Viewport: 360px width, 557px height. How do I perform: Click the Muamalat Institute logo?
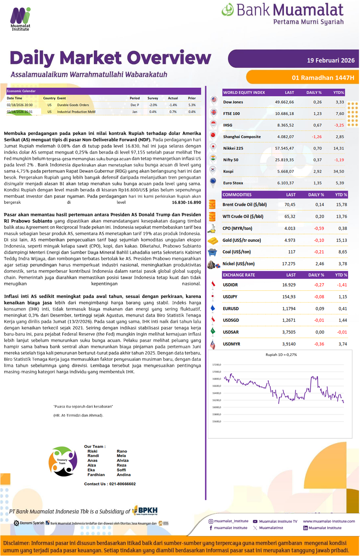pyautogui.click(x=20, y=19)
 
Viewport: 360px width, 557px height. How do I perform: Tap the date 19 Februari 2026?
pyautogui.click(x=330, y=60)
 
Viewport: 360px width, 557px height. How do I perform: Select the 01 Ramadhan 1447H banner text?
pyautogui.click(x=322, y=78)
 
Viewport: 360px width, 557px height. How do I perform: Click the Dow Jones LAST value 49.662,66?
pyautogui.click(x=284, y=102)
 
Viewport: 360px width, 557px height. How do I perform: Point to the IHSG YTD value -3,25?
pyautogui.click(x=339, y=125)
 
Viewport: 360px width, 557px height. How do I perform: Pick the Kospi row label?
pyautogui.click(x=228, y=171)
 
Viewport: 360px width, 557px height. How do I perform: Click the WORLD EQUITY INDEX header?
pyautogui.click(x=244, y=92)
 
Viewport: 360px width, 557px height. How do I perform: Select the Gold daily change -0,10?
pyautogui.click(x=319, y=240)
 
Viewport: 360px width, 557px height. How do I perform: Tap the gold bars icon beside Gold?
pyautogui.click(x=213, y=241)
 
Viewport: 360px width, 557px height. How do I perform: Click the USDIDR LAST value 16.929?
pyautogui.click(x=289, y=285)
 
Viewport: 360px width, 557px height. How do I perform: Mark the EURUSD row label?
pyautogui.click(x=230, y=309)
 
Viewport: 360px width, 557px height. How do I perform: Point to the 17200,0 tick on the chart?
pyautogui.click(x=216, y=365)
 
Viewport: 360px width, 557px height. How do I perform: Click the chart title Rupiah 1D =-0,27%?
pyautogui.click(x=281, y=355)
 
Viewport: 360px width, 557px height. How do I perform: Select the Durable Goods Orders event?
pyautogui.click(x=73, y=105)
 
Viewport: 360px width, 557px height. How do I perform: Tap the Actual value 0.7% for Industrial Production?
pyautogui.click(x=173, y=112)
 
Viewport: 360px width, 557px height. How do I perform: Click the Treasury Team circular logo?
pyautogui.click(x=63, y=461)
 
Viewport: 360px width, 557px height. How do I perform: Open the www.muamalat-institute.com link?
pyautogui.click(x=329, y=521)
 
